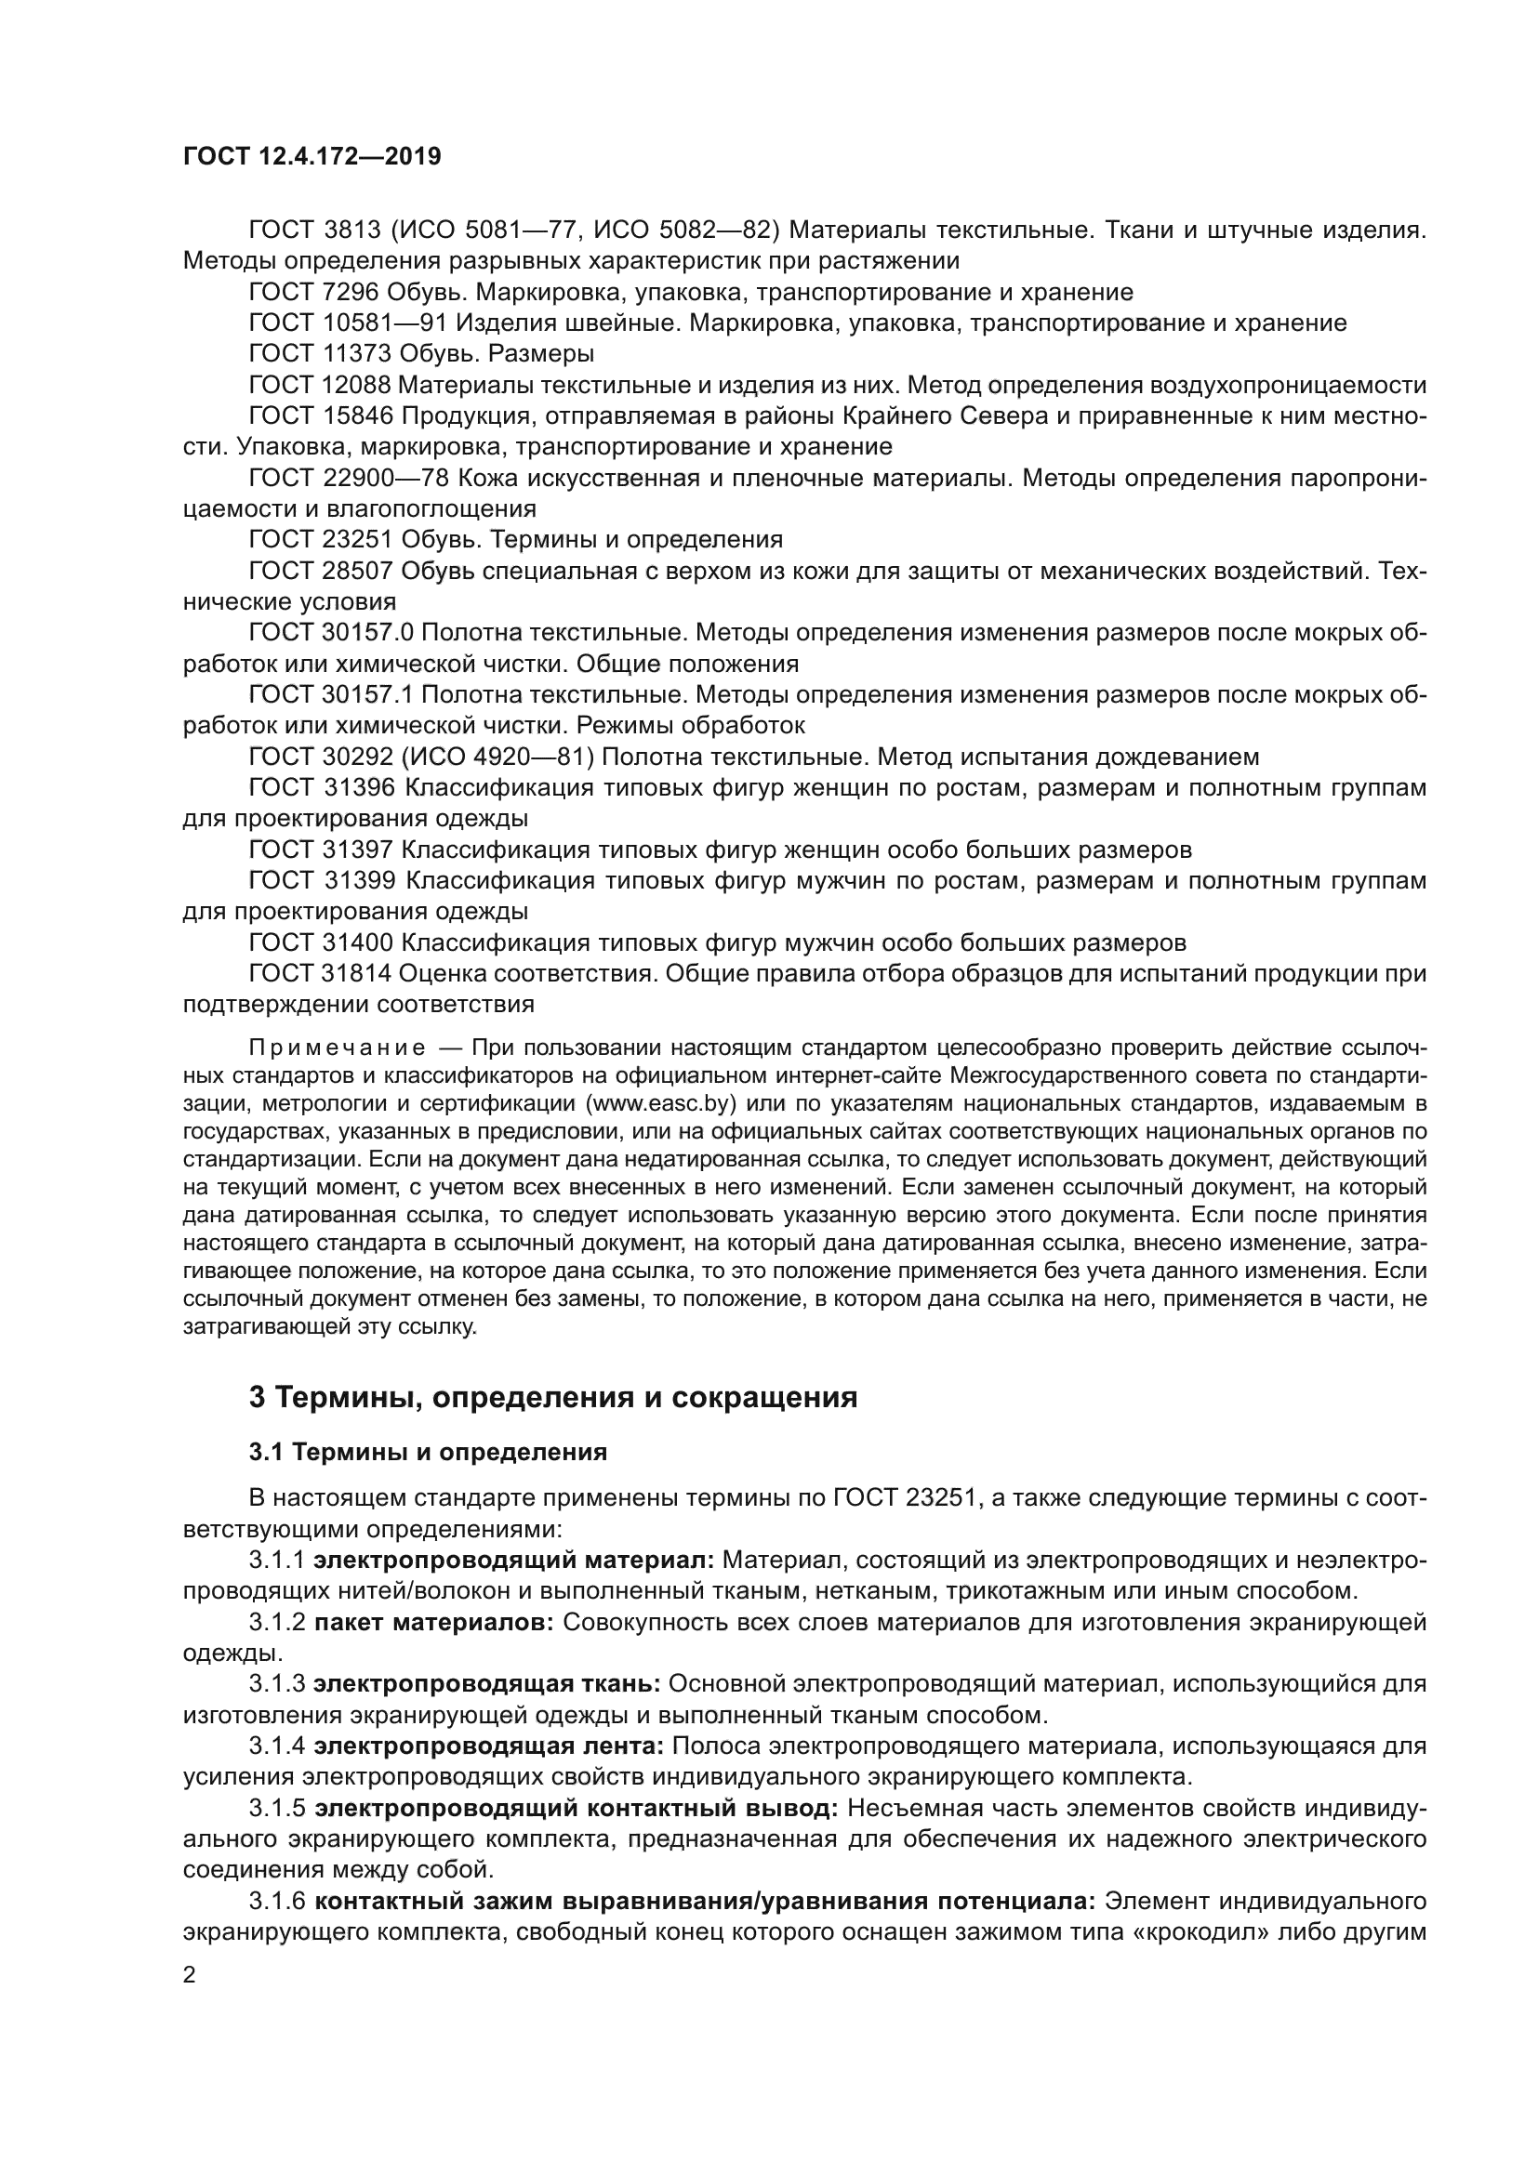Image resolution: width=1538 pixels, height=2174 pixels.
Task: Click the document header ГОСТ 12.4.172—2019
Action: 312,156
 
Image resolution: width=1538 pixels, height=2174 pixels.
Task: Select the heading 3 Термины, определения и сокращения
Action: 553,1397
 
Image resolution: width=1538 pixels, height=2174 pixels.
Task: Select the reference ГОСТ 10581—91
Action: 347,323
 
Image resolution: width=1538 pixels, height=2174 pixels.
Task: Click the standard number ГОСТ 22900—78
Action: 348,478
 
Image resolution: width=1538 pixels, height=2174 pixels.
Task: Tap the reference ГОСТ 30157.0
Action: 331,633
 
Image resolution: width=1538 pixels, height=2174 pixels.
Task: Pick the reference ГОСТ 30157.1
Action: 331,695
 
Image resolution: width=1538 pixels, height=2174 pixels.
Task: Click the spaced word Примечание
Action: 337,1048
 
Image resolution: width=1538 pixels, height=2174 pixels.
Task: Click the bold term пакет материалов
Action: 433,1622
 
